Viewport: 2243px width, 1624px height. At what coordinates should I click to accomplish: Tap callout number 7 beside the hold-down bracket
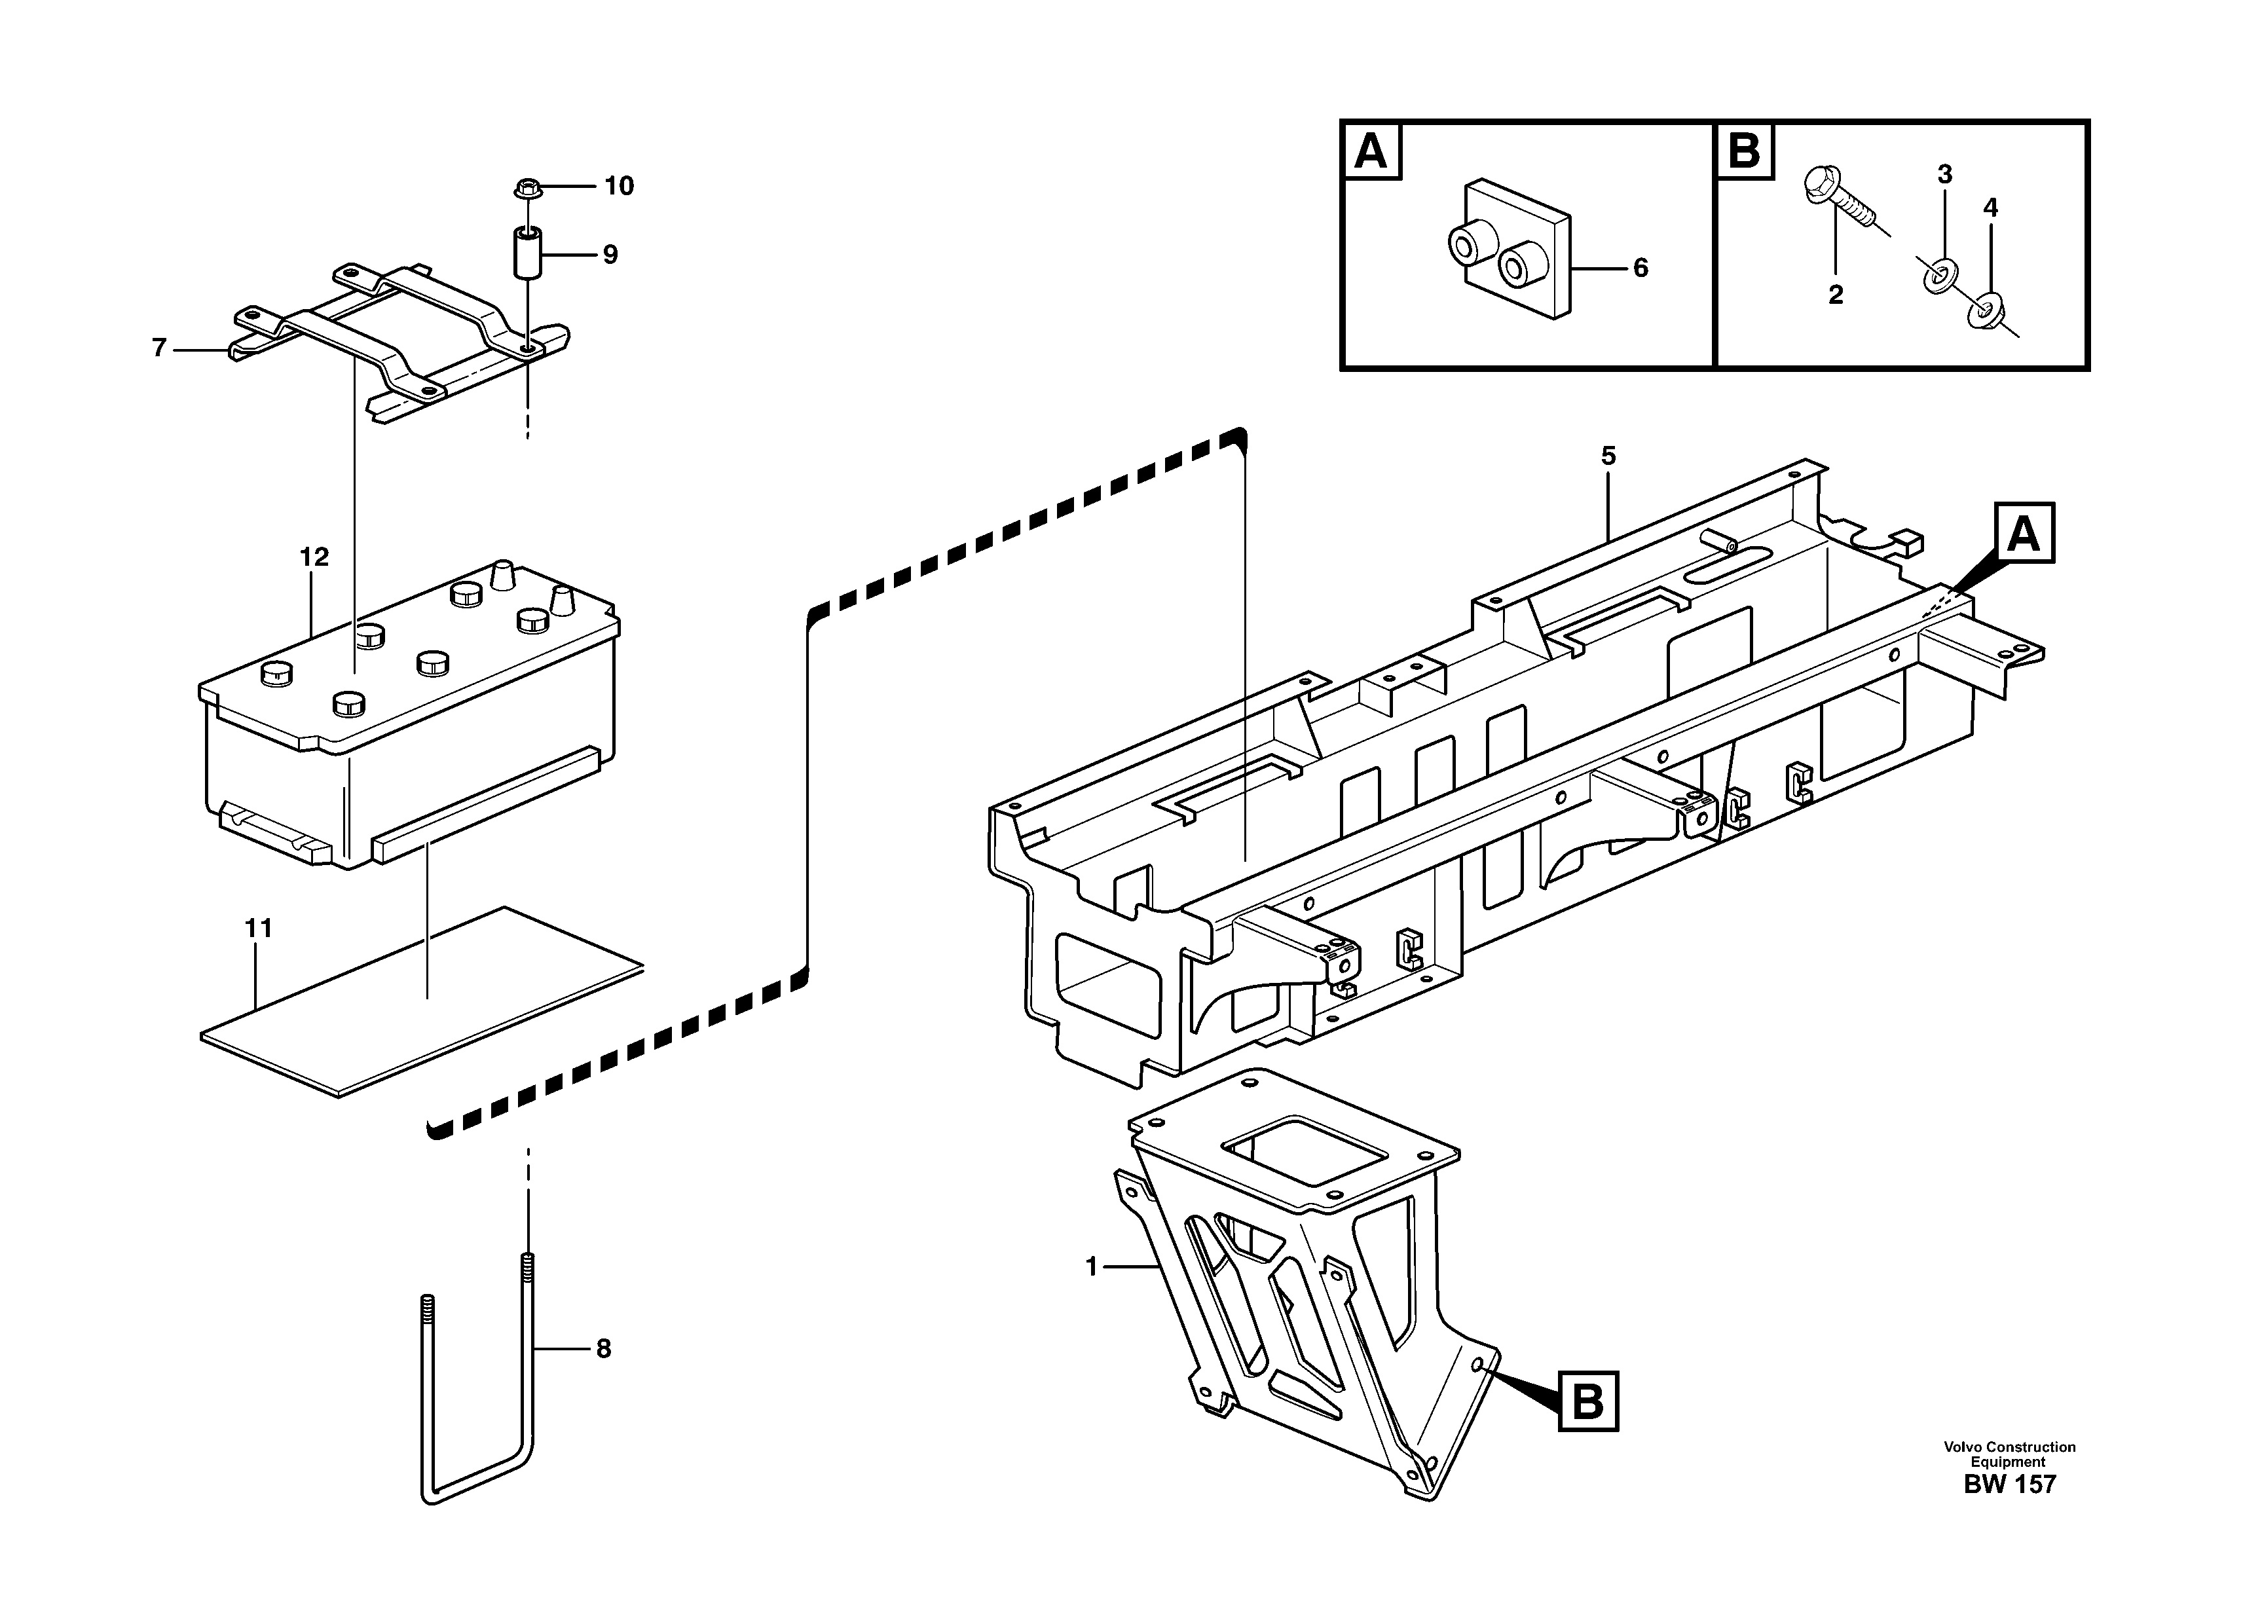click(159, 348)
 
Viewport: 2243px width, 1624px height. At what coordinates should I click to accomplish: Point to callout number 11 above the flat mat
click(258, 929)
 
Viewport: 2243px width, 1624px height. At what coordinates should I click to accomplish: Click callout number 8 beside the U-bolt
click(602, 1349)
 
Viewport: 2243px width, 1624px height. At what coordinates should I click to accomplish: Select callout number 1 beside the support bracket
click(1092, 1267)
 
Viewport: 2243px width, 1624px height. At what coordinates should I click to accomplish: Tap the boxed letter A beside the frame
click(2024, 534)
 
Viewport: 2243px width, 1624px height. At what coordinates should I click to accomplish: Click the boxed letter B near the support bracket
click(1588, 1401)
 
